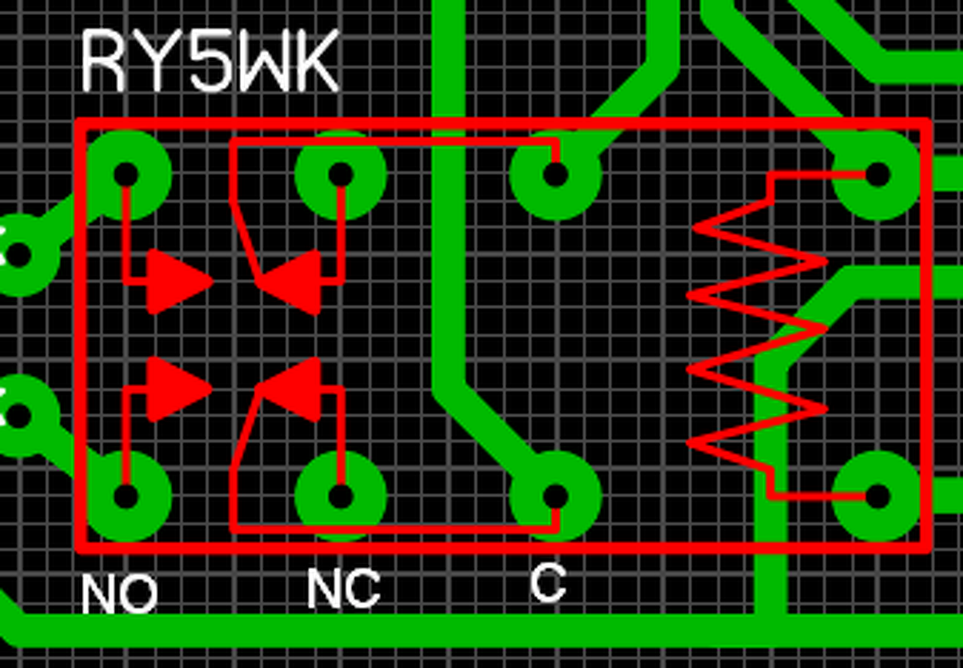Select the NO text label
(x=119, y=594)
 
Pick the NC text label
(x=343, y=588)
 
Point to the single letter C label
(x=547, y=584)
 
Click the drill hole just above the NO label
(x=126, y=496)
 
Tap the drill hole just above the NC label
(x=340, y=496)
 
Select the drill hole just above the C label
(x=555, y=496)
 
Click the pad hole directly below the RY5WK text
(x=126, y=175)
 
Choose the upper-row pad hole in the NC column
(x=340, y=175)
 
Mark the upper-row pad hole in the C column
(x=555, y=175)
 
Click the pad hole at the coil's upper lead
(x=877, y=175)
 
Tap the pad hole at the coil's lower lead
(x=877, y=496)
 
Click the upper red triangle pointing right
(x=175, y=282)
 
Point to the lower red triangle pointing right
(x=175, y=389)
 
